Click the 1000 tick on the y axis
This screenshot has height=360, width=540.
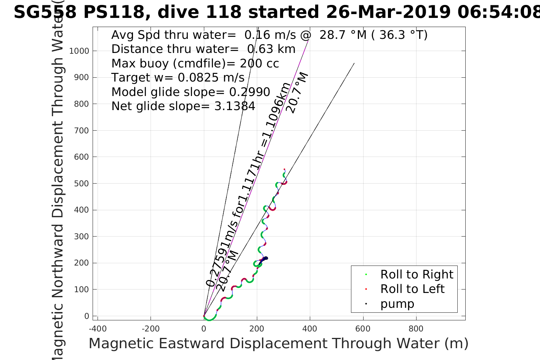pyautogui.click(x=79, y=51)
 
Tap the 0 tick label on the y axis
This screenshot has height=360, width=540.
pyautogui.click(x=87, y=316)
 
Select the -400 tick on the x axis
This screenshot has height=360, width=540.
pyautogui.click(x=98, y=329)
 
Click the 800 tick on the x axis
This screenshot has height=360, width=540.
pyautogui.click(x=416, y=329)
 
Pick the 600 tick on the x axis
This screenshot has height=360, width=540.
pyautogui.click(x=363, y=329)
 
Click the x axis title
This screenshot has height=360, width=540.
pyautogui.click(x=278, y=344)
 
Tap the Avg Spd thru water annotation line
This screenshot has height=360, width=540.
pyautogui.click(x=269, y=35)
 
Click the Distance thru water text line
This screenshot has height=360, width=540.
pyautogui.click(x=203, y=49)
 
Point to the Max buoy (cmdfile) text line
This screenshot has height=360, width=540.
pyautogui.click(x=195, y=63)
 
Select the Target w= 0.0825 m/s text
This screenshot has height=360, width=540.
pyautogui.click(x=178, y=78)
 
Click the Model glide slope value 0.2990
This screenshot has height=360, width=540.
pyautogui.click(x=250, y=92)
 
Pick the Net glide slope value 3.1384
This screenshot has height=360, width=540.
pyautogui.click(x=235, y=106)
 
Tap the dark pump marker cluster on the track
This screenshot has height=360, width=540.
pyautogui.click(x=264, y=259)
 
